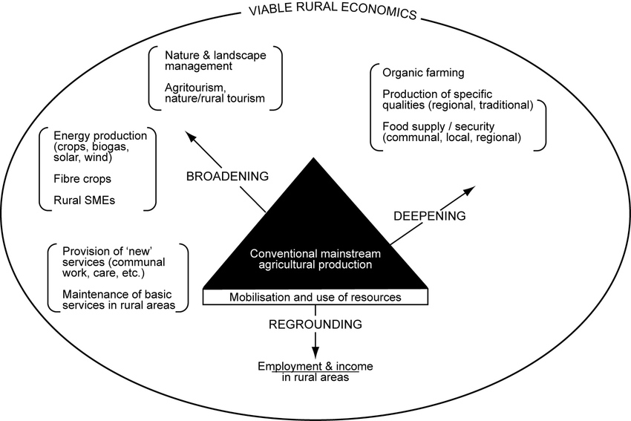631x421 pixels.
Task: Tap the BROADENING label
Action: pos(226,176)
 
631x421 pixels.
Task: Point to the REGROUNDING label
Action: pos(316,324)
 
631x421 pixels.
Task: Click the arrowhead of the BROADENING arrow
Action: pos(191,137)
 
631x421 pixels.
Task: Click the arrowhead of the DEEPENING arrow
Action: pos(470,191)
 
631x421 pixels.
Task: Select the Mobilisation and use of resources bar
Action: pos(315,297)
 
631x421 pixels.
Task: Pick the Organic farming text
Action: pos(423,73)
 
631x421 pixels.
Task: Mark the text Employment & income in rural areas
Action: pos(315,372)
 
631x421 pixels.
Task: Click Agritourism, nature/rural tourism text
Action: pos(215,93)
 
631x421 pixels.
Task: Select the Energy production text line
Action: pos(100,136)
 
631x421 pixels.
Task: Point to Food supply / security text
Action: pos(438,125)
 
